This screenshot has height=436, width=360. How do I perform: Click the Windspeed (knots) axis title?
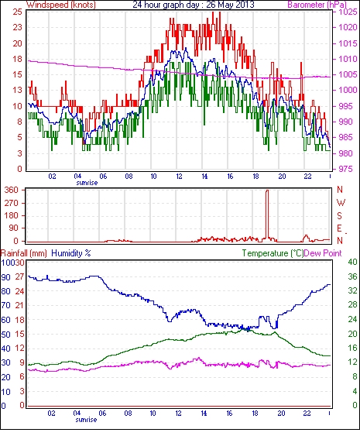[x=61, y=5]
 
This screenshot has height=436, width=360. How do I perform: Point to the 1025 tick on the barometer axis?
[x=348, y=12]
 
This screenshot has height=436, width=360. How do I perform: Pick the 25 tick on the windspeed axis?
[x=17, y=12]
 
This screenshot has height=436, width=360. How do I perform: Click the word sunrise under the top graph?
[x=87, y=183]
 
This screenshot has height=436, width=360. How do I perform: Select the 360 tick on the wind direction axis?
[x=12, y=190]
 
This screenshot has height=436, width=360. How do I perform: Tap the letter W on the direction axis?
[x=341, y=203]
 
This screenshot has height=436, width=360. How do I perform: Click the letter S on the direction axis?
[x=339, y=215]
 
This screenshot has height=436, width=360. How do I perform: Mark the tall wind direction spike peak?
[x=267, y=191]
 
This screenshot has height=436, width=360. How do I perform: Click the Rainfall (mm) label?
[x=24, y=253]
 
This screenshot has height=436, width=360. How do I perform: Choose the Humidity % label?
[x=71, y=253]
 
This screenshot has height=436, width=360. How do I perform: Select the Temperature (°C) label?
[x=273, y=253]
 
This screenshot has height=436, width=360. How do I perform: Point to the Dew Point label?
[x=323, y=253]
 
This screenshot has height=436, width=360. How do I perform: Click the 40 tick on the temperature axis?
[x=353, y=262]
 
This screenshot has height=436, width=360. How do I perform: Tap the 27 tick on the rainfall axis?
[x=20, y=276]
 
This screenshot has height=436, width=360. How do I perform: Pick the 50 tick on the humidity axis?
[x=5, y=335]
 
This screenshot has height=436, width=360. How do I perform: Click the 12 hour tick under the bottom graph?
[x=178, y=414]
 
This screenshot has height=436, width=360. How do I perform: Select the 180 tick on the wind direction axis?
[x=12, y=215]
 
